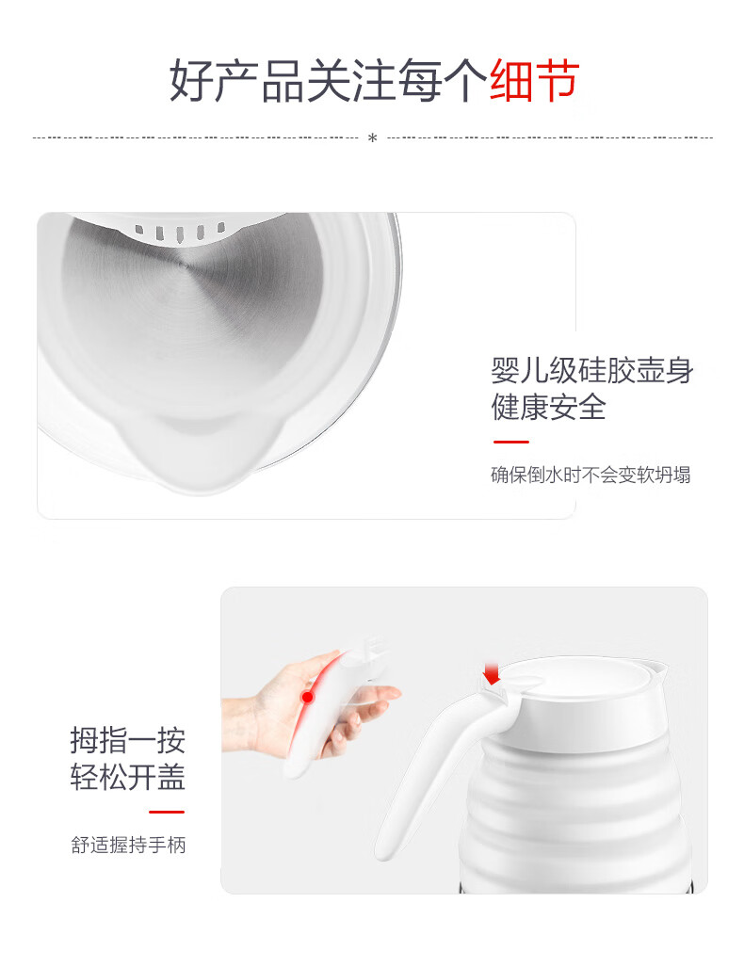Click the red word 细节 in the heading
pos(534,80)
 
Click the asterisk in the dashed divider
pos(372,138)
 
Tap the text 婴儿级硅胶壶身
pos(591,370)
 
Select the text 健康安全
pos(548,407)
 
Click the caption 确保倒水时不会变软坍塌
pos(590,475)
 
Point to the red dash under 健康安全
pos(510,442)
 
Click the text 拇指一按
pos(128,740)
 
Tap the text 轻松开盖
pos(128,777)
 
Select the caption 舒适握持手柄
pos(128,845)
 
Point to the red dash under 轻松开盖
pos(167,813)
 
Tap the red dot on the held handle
pos(307,697)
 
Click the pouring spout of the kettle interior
pos(203,453)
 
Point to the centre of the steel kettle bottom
pos(186,265)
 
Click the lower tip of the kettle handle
pos(383,852)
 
